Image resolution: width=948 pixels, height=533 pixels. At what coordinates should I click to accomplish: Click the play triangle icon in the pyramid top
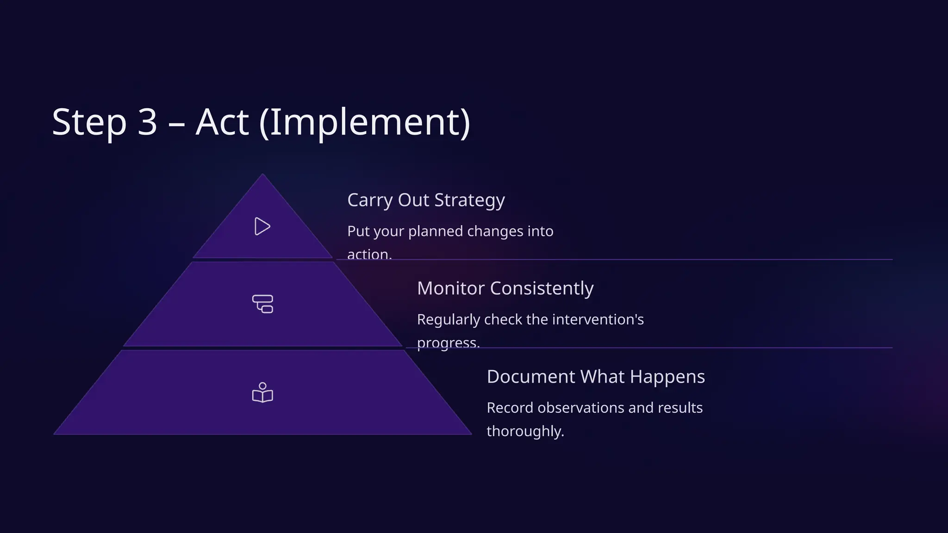point(262,226)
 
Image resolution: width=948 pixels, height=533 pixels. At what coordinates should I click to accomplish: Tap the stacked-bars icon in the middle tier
point(262,304)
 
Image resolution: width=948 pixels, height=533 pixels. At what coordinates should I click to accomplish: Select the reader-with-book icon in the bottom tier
point(262,393)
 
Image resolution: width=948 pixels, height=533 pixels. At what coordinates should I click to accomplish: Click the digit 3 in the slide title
point(147,122)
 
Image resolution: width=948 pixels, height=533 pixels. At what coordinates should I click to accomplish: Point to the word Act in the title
point(222,122)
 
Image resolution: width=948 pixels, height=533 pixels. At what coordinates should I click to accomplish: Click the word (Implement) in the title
point(365,122)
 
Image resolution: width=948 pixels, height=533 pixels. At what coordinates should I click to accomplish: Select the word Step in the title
point(89,122)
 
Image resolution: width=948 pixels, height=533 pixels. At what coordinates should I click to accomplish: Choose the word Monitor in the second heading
point(450,288)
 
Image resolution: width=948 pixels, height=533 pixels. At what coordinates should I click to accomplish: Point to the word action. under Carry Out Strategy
point(369,254)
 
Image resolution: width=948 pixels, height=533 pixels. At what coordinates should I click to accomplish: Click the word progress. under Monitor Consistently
point(448,343)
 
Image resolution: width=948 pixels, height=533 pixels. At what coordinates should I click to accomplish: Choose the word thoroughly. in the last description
point(525,431)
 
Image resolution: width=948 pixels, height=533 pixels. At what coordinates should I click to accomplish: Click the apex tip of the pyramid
point(262,175)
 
